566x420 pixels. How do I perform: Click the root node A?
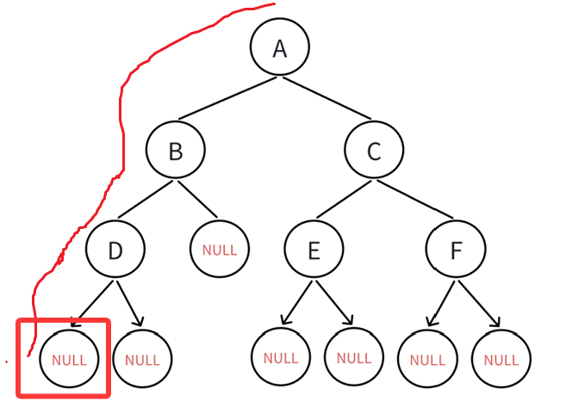click(x=280, y=47)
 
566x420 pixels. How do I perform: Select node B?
click(x=175, y=151)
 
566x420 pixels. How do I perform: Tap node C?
click(x=374, y=151)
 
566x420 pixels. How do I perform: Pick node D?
click(x=115, y=250)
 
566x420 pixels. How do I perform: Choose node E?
click(x=314, y=250)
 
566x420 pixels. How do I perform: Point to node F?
click(x=456, y=250)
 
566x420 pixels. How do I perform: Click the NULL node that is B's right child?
click(x=220, y=250)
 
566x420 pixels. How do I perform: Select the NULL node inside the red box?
click(x=69, y=360)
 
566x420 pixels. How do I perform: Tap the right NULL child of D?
click(x=143, y=360)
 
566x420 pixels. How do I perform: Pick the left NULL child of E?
click(x=281, y=357)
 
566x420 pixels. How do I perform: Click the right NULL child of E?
click(x=353, y=357)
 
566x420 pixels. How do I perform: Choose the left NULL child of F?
click(x=427, y=359)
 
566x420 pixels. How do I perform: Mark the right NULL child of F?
click(x=501, y=359)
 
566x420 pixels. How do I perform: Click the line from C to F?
click(x=414, y=201)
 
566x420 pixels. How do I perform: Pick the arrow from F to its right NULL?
click(x=480, y=301)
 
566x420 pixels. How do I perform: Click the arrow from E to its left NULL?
click(x=296, y=302)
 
